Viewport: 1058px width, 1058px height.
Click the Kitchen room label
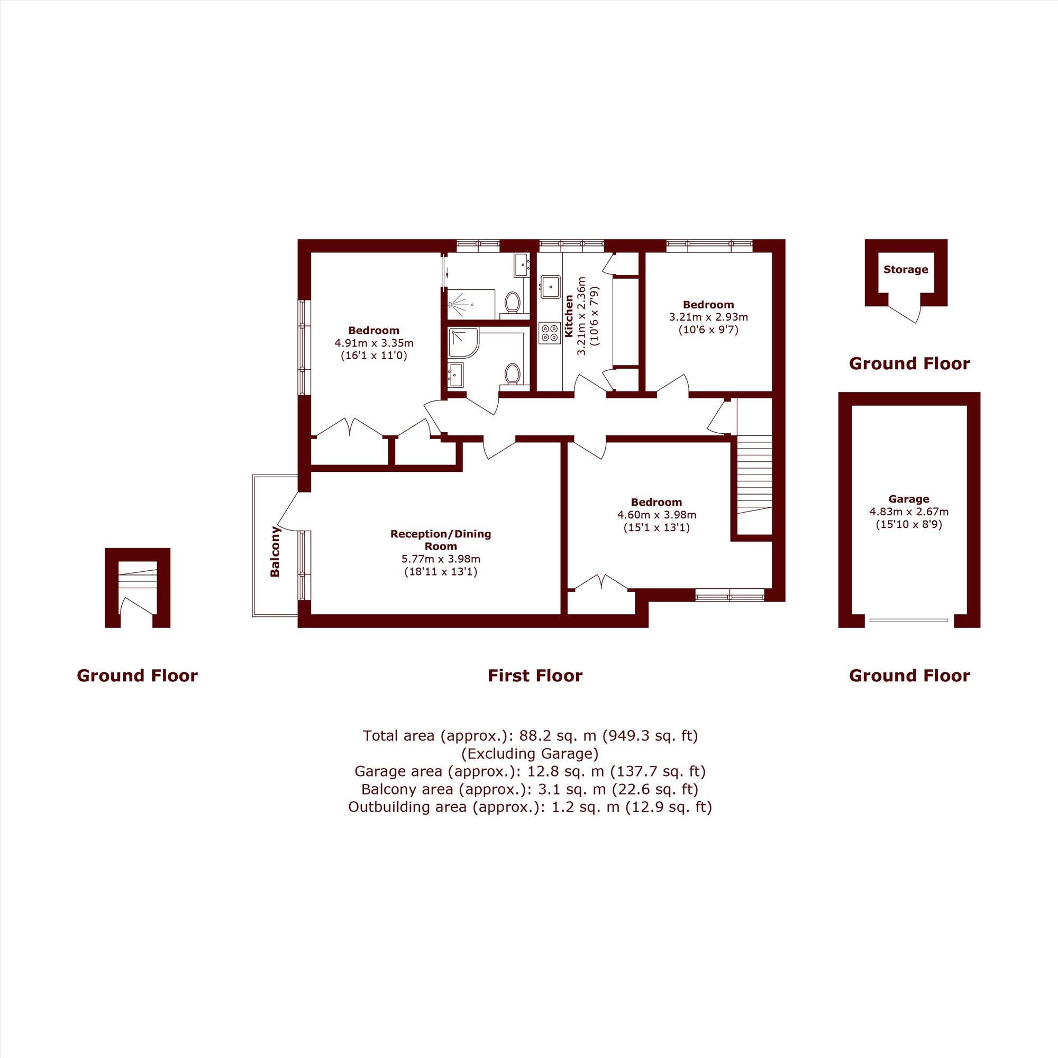coord(569,316)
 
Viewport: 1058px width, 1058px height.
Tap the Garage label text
coord(909,499)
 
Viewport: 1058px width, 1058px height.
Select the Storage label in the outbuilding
coord(906,269)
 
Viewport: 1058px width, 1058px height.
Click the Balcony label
coord(275,551)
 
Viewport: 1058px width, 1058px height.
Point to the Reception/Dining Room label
coord(441,540)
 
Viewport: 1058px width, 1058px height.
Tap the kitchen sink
coord(549,285)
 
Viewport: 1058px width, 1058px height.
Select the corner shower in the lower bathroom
coord(463,343)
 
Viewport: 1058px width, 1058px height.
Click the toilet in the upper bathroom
coord(513,302)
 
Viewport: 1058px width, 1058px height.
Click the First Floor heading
coord(535,676)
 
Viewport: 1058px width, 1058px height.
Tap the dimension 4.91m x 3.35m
coord(374,343)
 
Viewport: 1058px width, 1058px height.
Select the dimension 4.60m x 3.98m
coord(656,515)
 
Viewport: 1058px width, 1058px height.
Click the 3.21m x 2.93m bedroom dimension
coord(709,317)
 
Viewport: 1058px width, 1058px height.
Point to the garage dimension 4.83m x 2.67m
coord(909,512)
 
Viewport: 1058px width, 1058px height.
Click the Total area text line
coord(530,735)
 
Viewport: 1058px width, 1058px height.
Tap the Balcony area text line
coord(530,789)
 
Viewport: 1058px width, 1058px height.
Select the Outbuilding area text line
coord(530,807)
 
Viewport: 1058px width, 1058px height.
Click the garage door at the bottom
coord(909,620)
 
